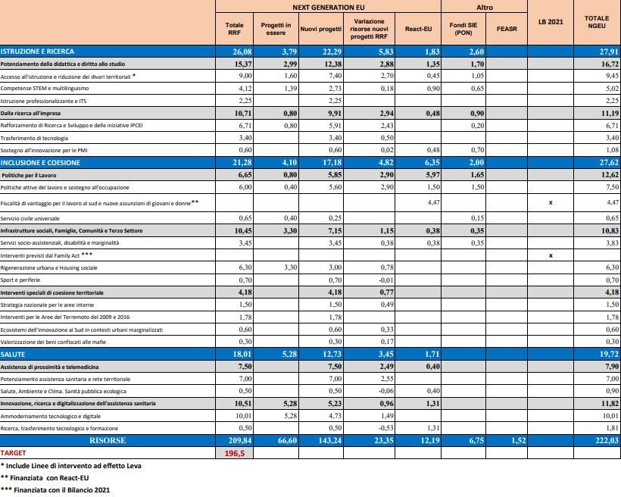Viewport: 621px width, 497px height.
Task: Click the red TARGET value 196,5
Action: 235,453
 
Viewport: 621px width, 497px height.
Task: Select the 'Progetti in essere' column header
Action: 276,29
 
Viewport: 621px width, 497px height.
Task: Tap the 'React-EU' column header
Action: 418,29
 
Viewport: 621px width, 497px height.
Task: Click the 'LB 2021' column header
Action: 551,22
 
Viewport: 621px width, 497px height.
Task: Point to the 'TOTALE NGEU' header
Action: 597,22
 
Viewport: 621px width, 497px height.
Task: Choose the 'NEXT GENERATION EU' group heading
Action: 329,7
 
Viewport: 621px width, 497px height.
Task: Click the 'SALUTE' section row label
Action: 13,355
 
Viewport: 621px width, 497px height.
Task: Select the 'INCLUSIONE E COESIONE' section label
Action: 40,162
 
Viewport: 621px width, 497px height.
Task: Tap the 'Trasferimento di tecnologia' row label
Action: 34,138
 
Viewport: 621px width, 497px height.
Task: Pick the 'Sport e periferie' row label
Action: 20,280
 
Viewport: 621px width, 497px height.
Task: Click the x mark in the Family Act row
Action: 551,255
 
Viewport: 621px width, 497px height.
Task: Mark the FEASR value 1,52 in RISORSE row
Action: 519,440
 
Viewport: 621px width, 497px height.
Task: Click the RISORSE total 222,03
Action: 607,440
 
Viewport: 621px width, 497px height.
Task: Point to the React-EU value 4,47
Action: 433,202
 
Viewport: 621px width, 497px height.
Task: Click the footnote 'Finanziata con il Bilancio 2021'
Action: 62,490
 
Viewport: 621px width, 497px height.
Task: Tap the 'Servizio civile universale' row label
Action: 30,218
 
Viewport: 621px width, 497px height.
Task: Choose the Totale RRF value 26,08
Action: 242,52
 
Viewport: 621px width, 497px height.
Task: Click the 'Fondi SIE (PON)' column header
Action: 463,29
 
